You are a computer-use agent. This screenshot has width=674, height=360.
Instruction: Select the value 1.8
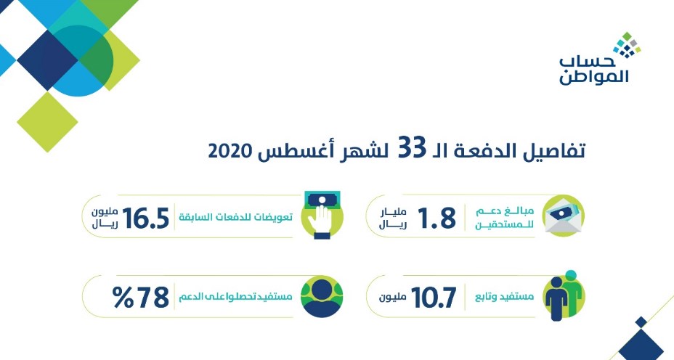(437, 218)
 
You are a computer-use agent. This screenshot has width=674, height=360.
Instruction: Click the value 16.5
(146, 218)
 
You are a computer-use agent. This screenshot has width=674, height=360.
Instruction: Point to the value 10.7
(434, 298)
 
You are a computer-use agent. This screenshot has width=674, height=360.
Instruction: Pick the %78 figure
(141, 298)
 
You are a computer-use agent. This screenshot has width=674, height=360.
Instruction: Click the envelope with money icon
(564, 216)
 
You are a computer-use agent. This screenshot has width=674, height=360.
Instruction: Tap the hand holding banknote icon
(322, 215)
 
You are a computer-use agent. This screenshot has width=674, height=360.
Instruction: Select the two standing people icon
(564, 295)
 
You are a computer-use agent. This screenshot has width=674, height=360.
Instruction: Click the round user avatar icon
(322, 296)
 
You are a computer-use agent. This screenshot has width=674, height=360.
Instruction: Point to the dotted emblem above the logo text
(627, 45)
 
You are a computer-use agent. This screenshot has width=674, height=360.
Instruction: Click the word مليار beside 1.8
(393, 212)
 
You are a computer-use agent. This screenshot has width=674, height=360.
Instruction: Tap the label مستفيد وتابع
(504, 297)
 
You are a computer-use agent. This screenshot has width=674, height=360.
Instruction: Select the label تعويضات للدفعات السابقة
(236, 216)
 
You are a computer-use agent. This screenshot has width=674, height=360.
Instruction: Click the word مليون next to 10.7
(393, 298)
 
